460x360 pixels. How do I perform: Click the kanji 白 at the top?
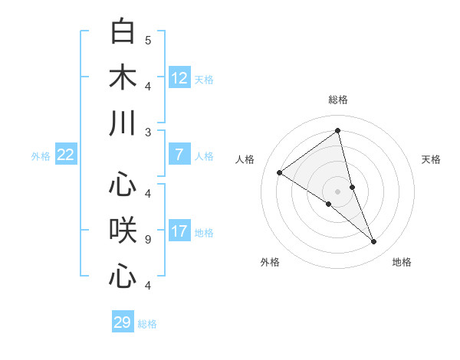coord(123,31)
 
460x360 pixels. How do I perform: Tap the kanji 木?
coord(123,78)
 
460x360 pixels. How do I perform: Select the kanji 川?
coord(123,124)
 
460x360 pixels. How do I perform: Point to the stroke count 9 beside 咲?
coord(147,240)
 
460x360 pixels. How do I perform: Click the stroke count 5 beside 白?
coord(147,40)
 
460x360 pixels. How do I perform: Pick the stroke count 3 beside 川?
coord(147,133)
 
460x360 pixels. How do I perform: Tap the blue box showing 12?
coord(179,78)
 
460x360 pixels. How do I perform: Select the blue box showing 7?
coord(179,155)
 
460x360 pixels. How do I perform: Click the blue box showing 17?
coord(179,231)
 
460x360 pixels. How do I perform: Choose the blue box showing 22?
coord(65,155)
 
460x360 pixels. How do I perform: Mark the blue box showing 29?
coord(123,322)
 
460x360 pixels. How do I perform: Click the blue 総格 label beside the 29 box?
coord(147,324)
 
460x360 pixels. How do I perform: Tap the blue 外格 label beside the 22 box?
coord(41,156)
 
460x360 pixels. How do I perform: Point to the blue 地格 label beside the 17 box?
coord(204,233)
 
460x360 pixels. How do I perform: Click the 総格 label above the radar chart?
coord(338,100)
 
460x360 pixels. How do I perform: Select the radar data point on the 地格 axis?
coord(374,242)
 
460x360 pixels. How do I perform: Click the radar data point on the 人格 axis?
coord(279,172)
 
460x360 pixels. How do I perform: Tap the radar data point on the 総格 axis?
coord(338,130)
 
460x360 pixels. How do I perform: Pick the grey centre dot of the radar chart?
coord(338,191)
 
